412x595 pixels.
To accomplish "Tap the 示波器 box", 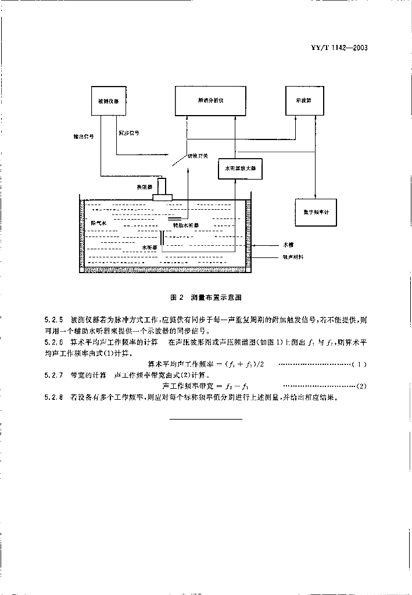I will pos(302,100).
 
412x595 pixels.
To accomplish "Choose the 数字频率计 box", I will pos(316,212).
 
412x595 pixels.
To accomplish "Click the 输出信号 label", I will pos(84,138).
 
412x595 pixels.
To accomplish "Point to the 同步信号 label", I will pos(128,133).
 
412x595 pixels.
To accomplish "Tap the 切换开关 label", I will pos(197,156).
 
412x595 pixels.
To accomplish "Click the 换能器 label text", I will pos(145,187).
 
